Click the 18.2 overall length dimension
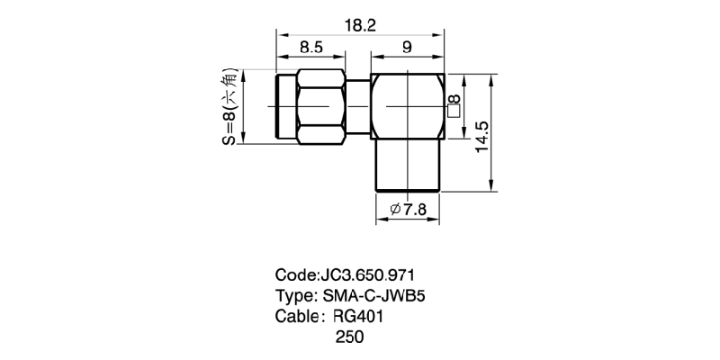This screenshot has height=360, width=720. tap(360, 26)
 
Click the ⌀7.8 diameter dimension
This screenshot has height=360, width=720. tap(409, 211)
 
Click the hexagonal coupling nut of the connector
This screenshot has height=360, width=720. tap(320, 105)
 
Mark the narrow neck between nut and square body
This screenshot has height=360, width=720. tap(357, 105)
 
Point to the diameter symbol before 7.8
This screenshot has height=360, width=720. tap(395, 211)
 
